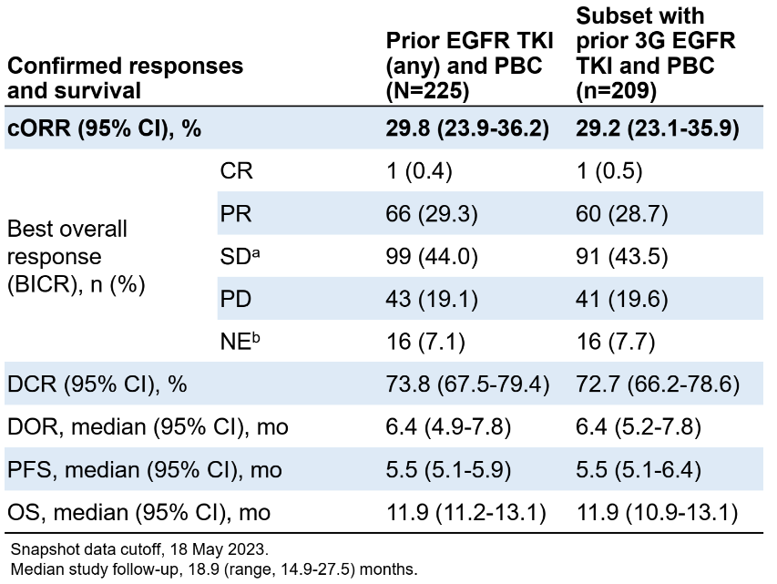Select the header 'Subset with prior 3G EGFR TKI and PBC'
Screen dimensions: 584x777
point(656,55)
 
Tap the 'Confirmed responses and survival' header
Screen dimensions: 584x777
point(126,78)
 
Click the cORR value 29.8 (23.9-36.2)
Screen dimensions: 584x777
point(467,129)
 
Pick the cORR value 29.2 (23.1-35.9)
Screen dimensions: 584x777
point(656,129)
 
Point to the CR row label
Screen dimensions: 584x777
point(232,172)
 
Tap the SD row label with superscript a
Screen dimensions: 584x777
point(236,258)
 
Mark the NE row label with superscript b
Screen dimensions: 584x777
point(236,343)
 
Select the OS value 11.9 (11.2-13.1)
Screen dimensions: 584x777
point(467,514)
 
